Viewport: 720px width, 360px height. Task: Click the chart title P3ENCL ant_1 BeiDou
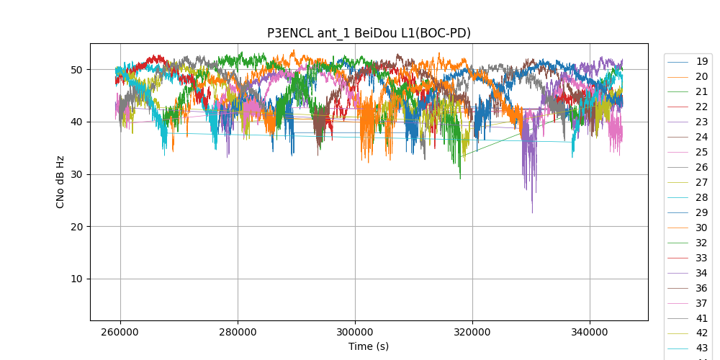(x=369, y=33)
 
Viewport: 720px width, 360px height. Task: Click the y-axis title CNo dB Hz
(x=60, y=181)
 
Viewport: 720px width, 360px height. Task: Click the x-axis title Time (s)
(x=369, y=346)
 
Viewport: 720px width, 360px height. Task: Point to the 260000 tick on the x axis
(x=120, y=332)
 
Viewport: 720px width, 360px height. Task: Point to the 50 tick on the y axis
(x=76, y=70)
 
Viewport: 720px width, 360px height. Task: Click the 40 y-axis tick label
(x=76, y=122)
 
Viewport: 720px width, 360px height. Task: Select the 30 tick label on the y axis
(x=76, y=174)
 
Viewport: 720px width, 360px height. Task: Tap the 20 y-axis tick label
(x=76, y=227)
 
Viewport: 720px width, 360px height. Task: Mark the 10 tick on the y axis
(x=76, y=279)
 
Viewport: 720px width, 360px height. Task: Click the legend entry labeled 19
(x=701, y=61)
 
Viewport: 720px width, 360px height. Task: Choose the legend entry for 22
(x=701, y=107)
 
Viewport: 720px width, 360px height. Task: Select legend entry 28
(x=701, y=197)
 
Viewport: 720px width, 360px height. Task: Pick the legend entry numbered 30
(x=701, y=228)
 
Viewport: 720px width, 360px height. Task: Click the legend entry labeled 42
(x=701, y=333)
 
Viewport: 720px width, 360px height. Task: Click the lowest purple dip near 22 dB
(x=533, y=212)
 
